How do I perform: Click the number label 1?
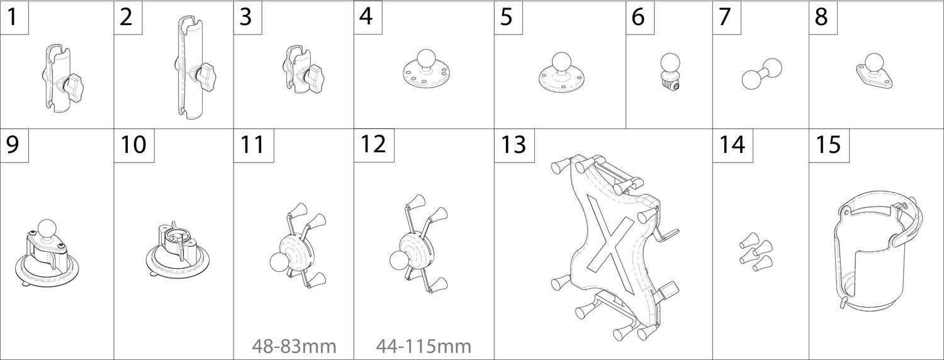pos(13,17)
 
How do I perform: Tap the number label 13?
pos(513,145)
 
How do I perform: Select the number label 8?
pos(821,17)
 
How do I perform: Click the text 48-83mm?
pos(294,347)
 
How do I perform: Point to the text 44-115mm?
pos(424,347)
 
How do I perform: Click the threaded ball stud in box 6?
pos(670,71)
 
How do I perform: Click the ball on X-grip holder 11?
pos(279,261)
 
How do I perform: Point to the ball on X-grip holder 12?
pos(399,260)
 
